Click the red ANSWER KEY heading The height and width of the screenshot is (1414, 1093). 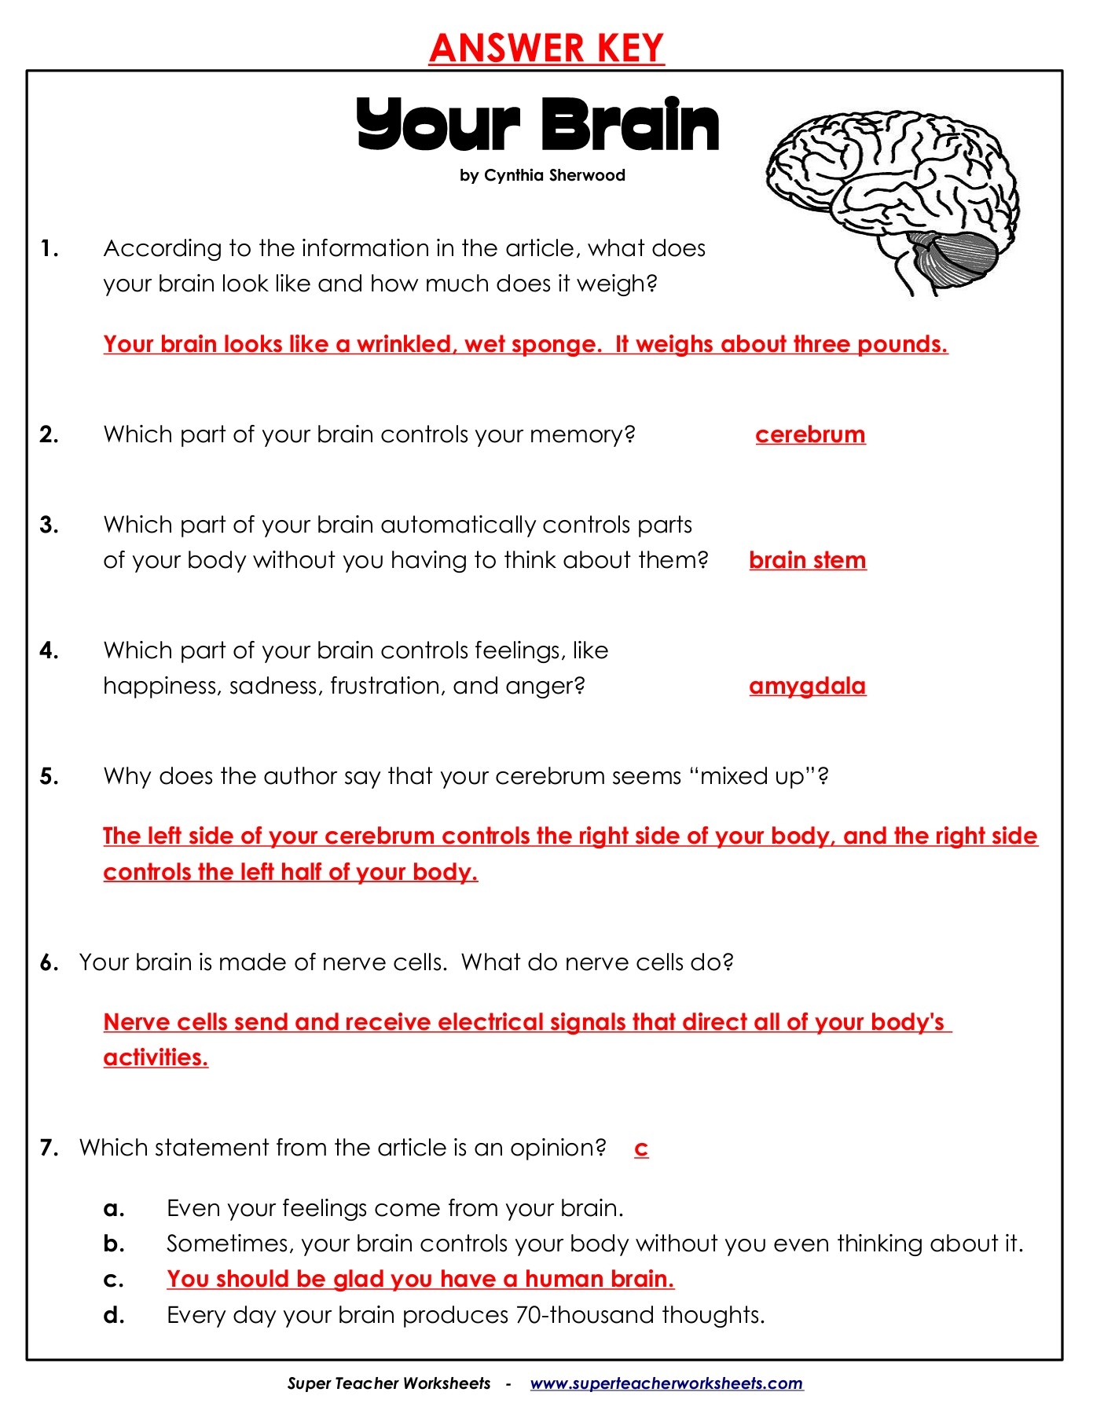pyautogui.click(x=546, y=48)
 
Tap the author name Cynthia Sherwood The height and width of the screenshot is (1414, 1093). pyautogui.click(x=554, y=175)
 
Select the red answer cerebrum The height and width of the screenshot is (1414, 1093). pyautogui.click(x=810, y=434)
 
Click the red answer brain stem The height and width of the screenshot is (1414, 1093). pyautogui.click(x=807, y=560)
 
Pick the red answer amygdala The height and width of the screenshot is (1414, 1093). pyautogui.click(x=807, y=686)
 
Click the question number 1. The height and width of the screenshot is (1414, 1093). pyautogui.click(x=49, y=249)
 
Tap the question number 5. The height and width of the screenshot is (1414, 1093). pyautogui.click(x=49, y=777)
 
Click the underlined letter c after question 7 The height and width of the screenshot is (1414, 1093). pyautogui.click(x=641, y=1148)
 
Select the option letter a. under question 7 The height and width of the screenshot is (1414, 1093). pyautogui.click(x=114, y=1208)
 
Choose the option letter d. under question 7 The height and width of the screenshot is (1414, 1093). pyautogui.click(x=114, y=1315)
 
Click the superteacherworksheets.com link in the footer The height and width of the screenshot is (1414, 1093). pyautogui.click(x=666, y=1383)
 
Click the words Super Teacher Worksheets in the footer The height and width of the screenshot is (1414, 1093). pyautogui.click(x=388, y=1383)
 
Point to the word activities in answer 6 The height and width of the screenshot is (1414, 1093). pyautogui.click(x=155, y=1057)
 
